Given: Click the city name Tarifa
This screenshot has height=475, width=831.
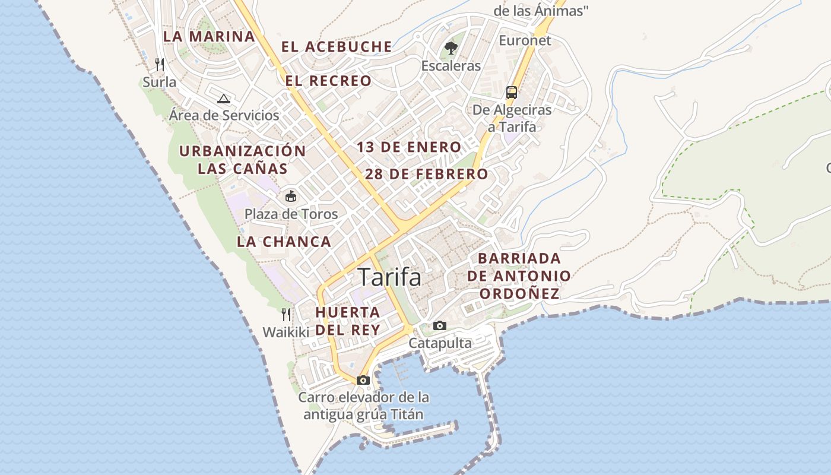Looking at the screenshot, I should [389, 277].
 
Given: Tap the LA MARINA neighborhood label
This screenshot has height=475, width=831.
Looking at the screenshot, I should [209, 36].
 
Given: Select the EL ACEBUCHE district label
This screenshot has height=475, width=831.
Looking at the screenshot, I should [337, 47].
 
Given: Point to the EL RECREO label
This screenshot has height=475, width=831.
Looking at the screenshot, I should [328, 81].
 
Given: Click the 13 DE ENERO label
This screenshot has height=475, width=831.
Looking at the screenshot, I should [409, 147].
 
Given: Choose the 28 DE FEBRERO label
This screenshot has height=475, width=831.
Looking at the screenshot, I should [426, 174].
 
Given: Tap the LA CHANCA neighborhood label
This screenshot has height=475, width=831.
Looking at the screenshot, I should [284, 242].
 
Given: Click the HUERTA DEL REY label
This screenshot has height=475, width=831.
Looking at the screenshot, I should [347, 321].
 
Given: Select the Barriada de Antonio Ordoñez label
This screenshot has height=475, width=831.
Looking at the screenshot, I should [519, 276].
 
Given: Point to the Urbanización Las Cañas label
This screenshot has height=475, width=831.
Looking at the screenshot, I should [242, 160].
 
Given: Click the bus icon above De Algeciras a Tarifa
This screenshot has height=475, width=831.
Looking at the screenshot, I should [512, 92].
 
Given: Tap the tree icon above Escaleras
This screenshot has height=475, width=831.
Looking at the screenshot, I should [451, 48].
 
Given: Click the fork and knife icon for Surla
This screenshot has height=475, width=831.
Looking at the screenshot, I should [159, 64].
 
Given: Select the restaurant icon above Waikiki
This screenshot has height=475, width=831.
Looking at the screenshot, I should [286, 314].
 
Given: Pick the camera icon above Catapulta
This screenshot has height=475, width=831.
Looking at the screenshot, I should [440, 325].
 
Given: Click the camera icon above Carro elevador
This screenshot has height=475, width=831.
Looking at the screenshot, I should [363, 380].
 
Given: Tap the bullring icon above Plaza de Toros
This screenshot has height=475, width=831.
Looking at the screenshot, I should [291, 196].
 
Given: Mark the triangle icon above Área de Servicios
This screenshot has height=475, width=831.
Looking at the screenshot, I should [223, 98].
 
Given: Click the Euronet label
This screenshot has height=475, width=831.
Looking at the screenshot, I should [525, 40].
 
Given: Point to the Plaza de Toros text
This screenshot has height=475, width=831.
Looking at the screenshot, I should [291, 214].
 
